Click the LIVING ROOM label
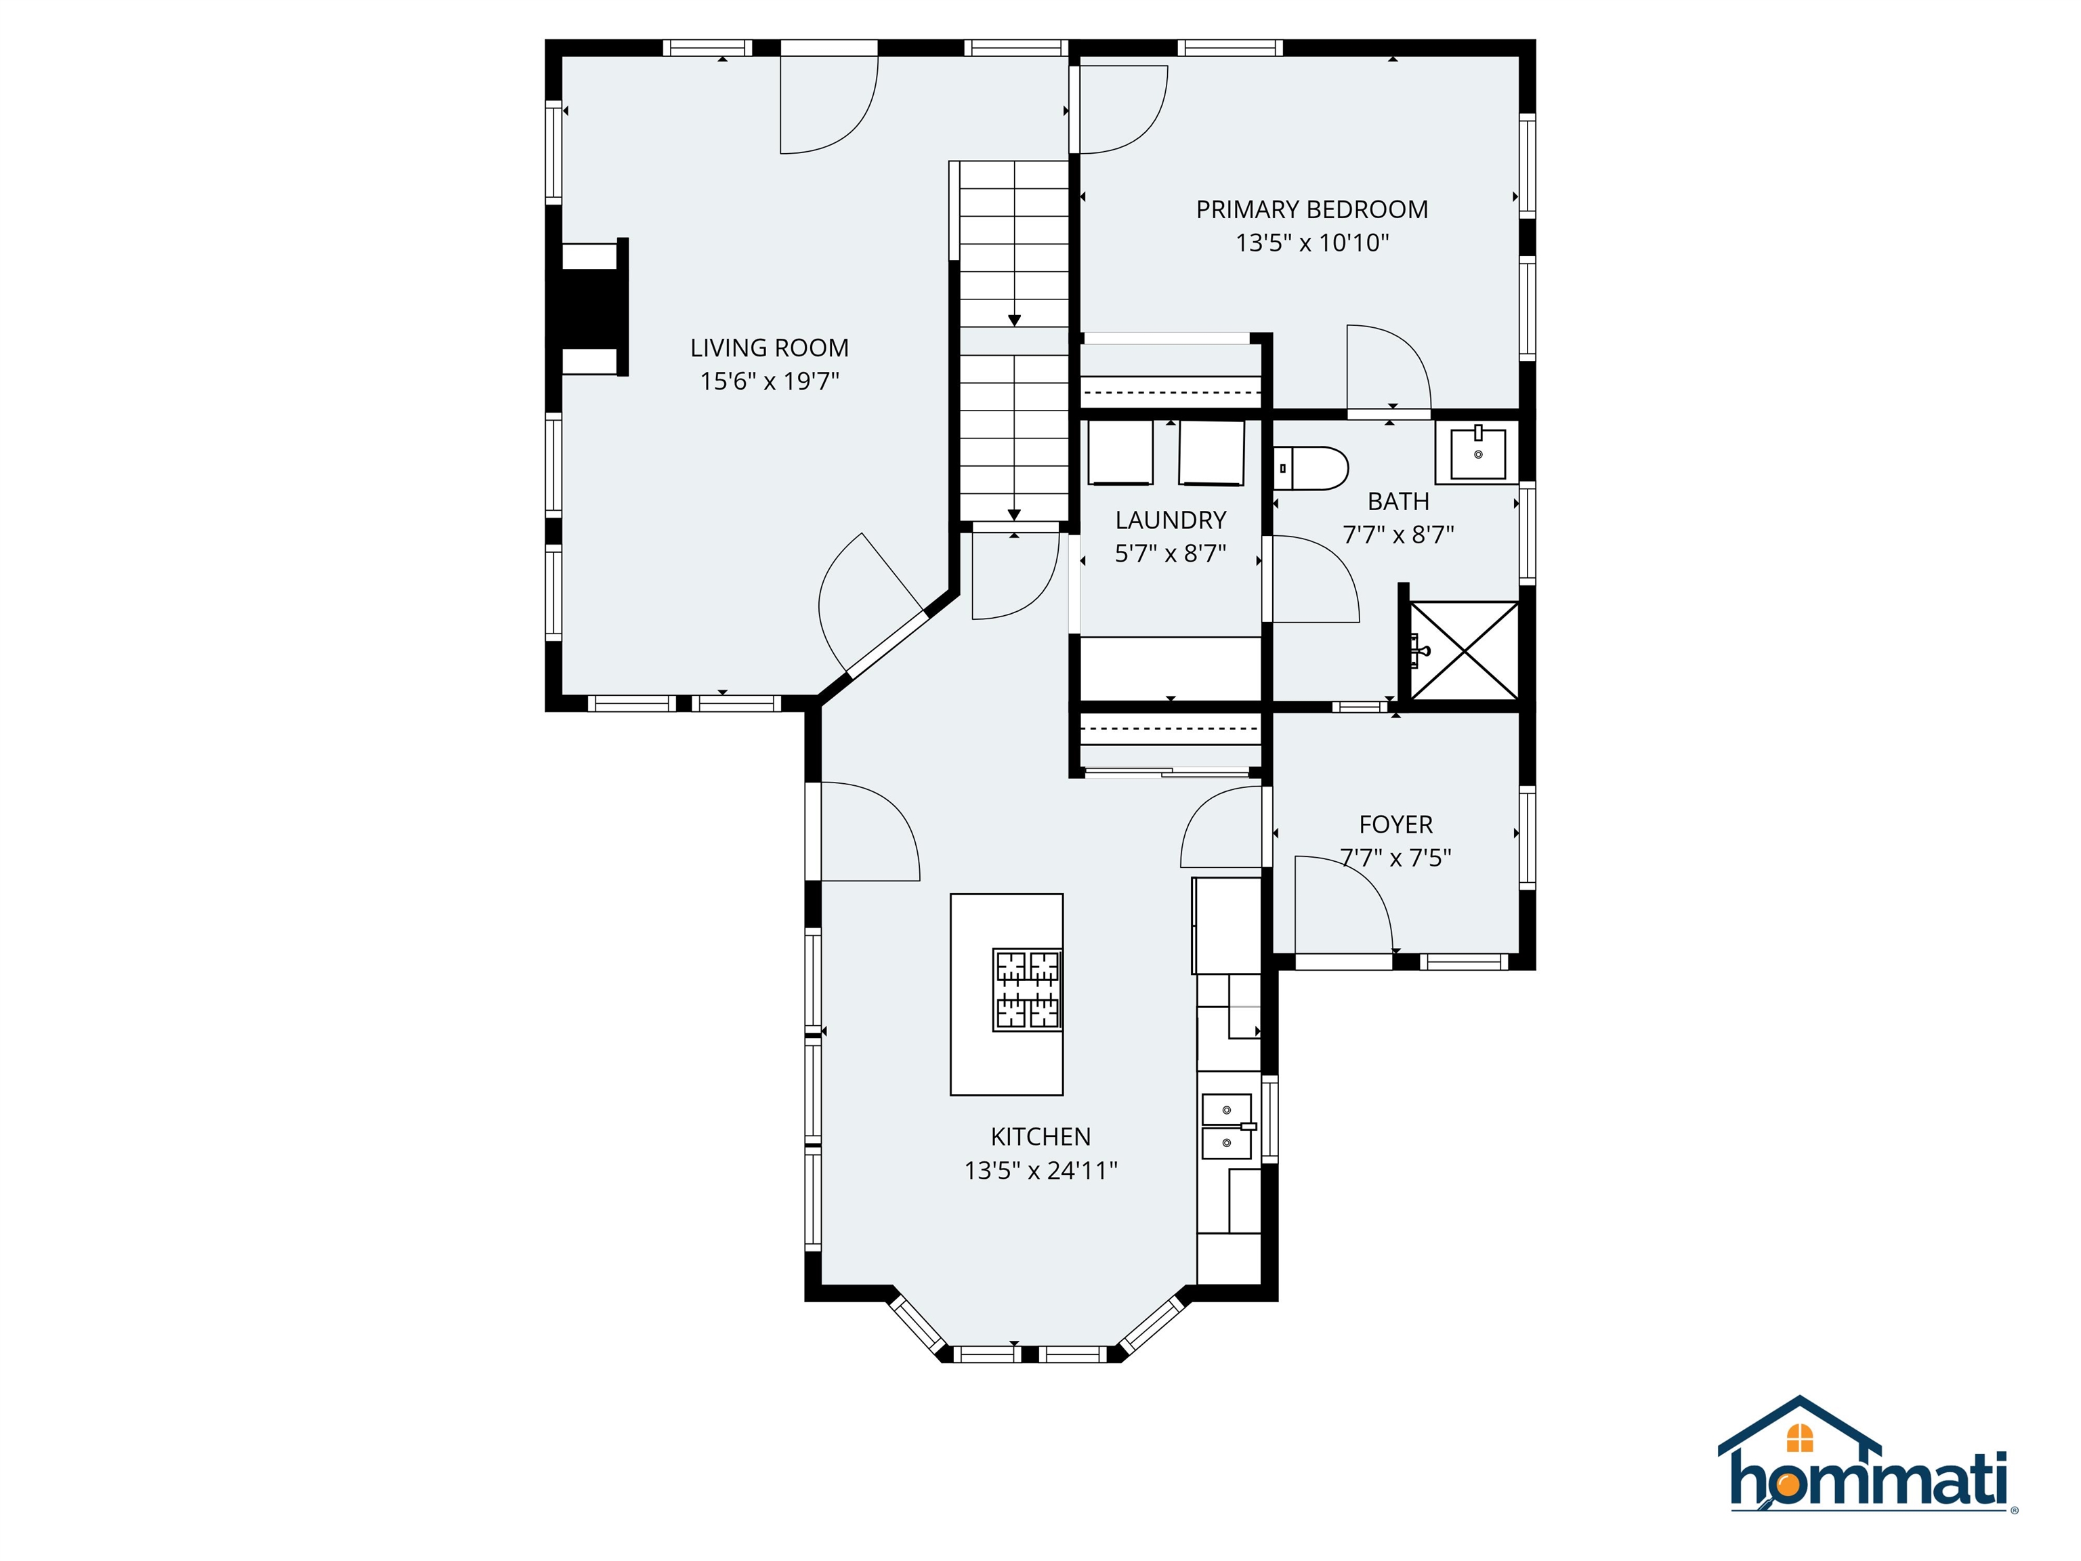tap(770, 348)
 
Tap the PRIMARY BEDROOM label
tap(1311, 210)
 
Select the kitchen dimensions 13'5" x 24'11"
tap(1040, 1171)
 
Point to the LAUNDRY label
tap(1171, 520)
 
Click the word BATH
tap(1398, 501)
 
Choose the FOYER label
tap(1396, 825)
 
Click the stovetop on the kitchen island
tap(1028, 989)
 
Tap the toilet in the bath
tap(1311, 467)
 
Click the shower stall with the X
tap(1465, 651)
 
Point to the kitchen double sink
tap(1227, 1126)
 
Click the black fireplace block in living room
tap(590, 308)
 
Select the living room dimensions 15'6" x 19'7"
tap(770, 381)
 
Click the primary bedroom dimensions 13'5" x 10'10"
tap(1311, 243)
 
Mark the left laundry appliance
tap(1120, 453)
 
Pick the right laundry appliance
tap(1212, 453)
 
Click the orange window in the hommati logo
tap(1800, 1438)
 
